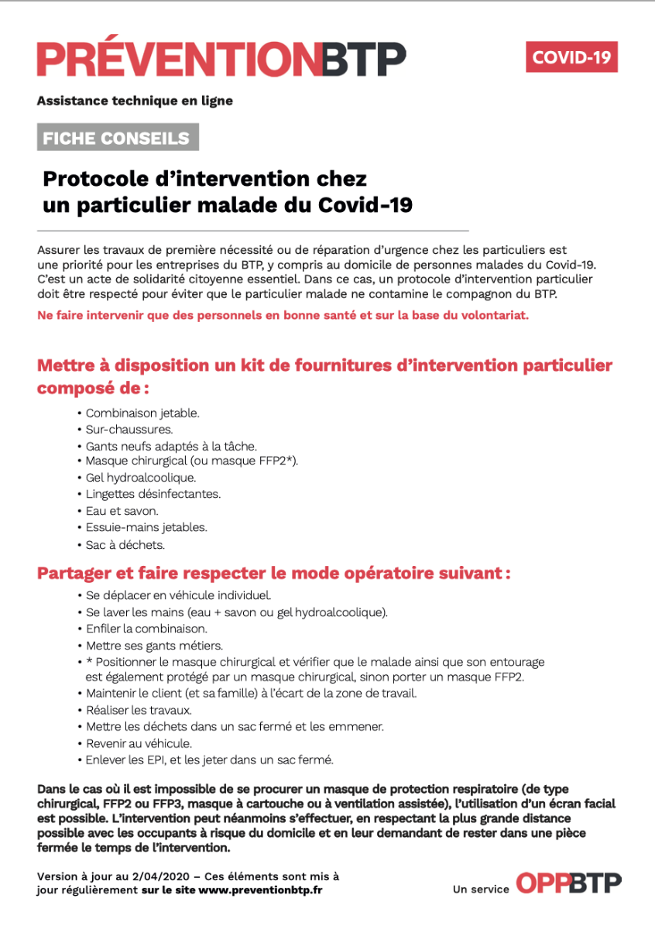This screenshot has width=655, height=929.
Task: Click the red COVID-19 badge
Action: pyautogui.click(x=571, y=57)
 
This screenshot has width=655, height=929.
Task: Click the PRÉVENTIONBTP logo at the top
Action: pyautogui.click(x=221, y=60)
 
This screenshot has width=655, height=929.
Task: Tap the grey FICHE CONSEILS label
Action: pyautogui.click(x=117, y=138)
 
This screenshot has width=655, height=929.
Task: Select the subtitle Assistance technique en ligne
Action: pyautogui.click(x=135, y=101)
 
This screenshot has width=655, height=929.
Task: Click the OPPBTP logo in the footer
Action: pyautogui.click(x=568, y=884)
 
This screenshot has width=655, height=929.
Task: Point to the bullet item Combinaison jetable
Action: pyautogui.click(x=142, y=413)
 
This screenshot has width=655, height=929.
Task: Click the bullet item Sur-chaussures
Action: pyautogui.click(x=129, y=430)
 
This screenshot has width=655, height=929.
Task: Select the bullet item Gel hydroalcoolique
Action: pyautogui.click(x=141, y=478)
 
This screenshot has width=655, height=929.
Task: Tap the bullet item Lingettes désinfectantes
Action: pyautogui.click(x=153, y=494)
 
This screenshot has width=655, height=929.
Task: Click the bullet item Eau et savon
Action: pyautogui.click(x=122, y=511)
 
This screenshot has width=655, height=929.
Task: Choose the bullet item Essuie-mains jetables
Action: pyautogui.click(x=146, y=527)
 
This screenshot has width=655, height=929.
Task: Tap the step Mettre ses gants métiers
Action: pyautogui.click(x=144, y=645)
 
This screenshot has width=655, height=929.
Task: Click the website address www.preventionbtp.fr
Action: pyautogui.click(x=260, y=890)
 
